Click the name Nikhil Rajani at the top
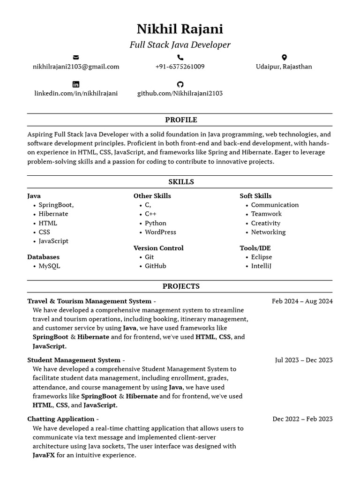180,29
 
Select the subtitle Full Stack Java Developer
180,45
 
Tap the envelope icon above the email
76,58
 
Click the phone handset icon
180,58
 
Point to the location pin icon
284,58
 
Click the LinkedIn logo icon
76,84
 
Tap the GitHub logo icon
180,84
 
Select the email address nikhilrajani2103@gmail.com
76,67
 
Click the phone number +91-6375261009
180,67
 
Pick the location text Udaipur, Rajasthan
284,67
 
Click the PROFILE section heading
181,120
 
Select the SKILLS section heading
181,182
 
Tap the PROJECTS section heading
181,286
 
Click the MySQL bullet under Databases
49,266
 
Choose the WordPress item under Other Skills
160,232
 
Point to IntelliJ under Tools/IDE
261,266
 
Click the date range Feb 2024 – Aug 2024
302,301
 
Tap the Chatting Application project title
61,419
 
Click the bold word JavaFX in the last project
44,455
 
